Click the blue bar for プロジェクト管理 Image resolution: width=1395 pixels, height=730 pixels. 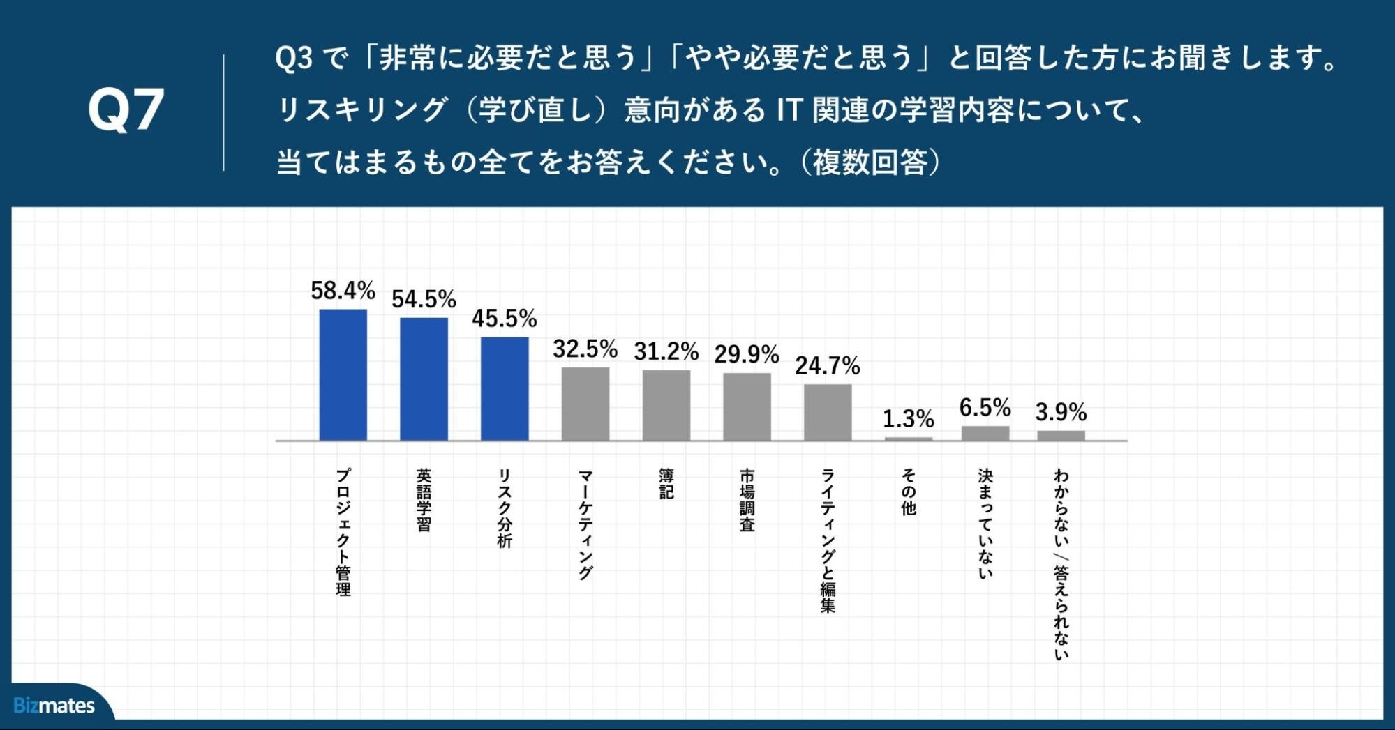point(343,375)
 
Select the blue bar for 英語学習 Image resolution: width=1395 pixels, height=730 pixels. point(424,379)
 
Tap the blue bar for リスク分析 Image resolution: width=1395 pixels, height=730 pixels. point(505,389)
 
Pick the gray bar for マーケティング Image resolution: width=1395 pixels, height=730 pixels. point(585,404)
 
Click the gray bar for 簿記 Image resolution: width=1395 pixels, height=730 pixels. point(666,406)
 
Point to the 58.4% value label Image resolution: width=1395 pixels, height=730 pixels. point(343,290)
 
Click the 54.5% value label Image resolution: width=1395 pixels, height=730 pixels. point(424,299)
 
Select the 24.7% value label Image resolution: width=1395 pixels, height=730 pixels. point(828,365)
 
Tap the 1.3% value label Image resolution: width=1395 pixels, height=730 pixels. point(908,418)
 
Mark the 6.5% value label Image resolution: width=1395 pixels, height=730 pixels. point(985,407)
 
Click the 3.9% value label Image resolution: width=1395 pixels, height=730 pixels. point(1061,412)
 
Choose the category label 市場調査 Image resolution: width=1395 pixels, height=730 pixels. point(747,500)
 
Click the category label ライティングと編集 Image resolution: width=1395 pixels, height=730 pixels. point(828,540)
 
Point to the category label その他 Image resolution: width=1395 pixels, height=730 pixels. point(908,492)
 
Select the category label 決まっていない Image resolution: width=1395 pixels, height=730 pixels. point(985,524)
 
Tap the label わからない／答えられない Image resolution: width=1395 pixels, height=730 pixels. point(1061,564)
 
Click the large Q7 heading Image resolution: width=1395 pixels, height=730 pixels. point(126,110)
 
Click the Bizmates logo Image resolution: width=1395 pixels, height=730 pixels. point(54,706)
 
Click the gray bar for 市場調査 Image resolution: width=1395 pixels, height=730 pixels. point(747,407)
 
